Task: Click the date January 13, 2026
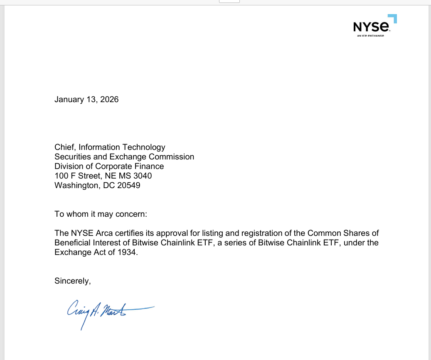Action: (x=86, y=99)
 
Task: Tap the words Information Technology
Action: (x=122, y=147)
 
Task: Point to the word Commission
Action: (x=171, y=157)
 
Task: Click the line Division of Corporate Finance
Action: (x=109, y=166)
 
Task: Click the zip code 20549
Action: (x=129, y=185)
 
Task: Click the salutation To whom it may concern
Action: (x=101, y=214)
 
